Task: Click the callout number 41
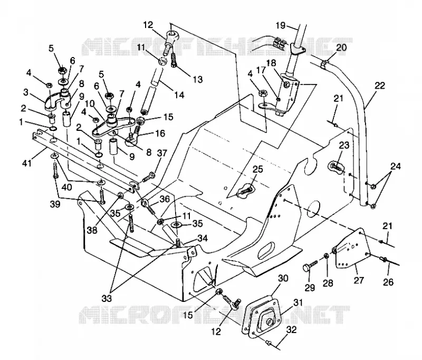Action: (27, 163)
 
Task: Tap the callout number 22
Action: (380, 86)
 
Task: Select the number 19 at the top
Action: (281, 25)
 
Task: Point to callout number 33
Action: (107, 298)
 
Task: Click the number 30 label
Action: (283, 278)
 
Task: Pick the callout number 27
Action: (359, 280)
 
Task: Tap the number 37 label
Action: (162, 153)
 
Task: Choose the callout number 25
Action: (257, 169)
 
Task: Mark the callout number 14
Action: (179, 95)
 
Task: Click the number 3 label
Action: (25, 92)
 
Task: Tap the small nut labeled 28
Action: (325, 255)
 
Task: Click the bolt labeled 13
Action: (174, 61)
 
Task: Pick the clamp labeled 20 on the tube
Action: (325, 64)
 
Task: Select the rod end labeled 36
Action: (149, 205)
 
